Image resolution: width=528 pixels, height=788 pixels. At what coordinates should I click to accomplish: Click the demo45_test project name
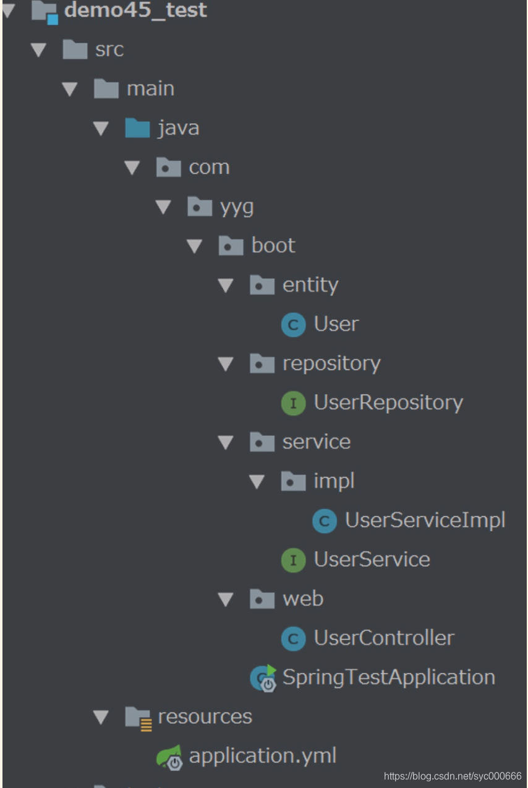135,11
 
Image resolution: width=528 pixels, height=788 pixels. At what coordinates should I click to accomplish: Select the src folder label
109,49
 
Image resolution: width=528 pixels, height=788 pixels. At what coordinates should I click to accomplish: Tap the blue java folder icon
137,128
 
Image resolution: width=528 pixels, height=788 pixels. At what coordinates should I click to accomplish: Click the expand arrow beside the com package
132,168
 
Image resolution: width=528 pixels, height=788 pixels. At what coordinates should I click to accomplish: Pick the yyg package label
237,207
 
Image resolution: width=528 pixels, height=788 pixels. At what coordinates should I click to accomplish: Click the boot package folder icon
231,246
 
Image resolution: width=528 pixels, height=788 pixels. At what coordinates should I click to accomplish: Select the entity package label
310,285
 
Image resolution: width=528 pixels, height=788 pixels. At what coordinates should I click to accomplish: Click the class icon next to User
293,325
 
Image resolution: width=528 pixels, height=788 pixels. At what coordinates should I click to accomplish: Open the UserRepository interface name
388,403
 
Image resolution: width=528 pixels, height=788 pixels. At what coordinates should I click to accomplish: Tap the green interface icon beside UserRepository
293,403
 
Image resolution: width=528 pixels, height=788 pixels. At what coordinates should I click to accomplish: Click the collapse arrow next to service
226,442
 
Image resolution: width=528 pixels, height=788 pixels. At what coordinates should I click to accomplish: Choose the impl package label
334,481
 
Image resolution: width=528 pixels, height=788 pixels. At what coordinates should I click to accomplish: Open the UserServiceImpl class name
425,520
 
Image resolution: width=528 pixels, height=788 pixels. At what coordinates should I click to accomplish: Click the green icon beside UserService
293,560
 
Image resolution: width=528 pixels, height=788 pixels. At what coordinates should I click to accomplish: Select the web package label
303,599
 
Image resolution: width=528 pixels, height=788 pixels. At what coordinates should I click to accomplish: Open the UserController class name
384,638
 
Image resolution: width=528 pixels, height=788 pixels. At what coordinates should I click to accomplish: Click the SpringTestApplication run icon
263,678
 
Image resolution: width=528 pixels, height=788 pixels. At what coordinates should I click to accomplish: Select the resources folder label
205,716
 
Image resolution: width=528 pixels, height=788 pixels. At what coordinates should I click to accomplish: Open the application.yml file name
263,756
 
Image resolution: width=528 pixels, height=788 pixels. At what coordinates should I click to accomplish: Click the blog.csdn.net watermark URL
453,776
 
